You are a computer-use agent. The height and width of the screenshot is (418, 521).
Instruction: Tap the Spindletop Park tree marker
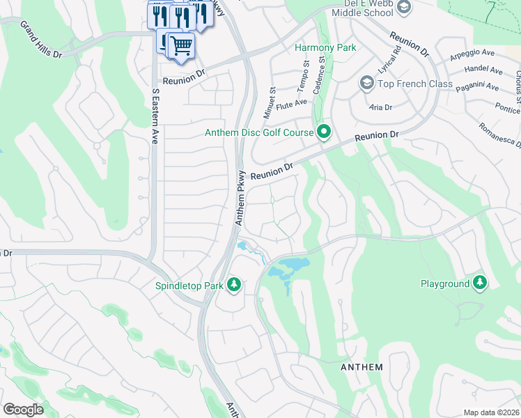235,284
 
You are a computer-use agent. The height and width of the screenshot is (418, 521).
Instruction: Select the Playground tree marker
479,283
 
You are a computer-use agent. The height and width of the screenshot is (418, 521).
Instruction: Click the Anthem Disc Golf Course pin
324,131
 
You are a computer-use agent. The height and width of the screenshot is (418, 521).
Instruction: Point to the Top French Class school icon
366,84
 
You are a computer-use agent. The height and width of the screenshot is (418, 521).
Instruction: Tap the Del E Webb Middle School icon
403,7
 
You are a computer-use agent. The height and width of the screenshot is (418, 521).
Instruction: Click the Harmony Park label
325,47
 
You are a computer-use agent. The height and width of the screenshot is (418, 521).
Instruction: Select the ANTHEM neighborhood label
361,367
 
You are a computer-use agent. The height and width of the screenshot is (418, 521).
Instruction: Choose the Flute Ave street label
291,103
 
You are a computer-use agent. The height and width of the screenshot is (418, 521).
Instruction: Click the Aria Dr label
381,107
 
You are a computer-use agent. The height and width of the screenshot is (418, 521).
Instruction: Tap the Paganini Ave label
477,88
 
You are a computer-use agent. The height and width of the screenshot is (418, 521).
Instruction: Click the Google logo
23,410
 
